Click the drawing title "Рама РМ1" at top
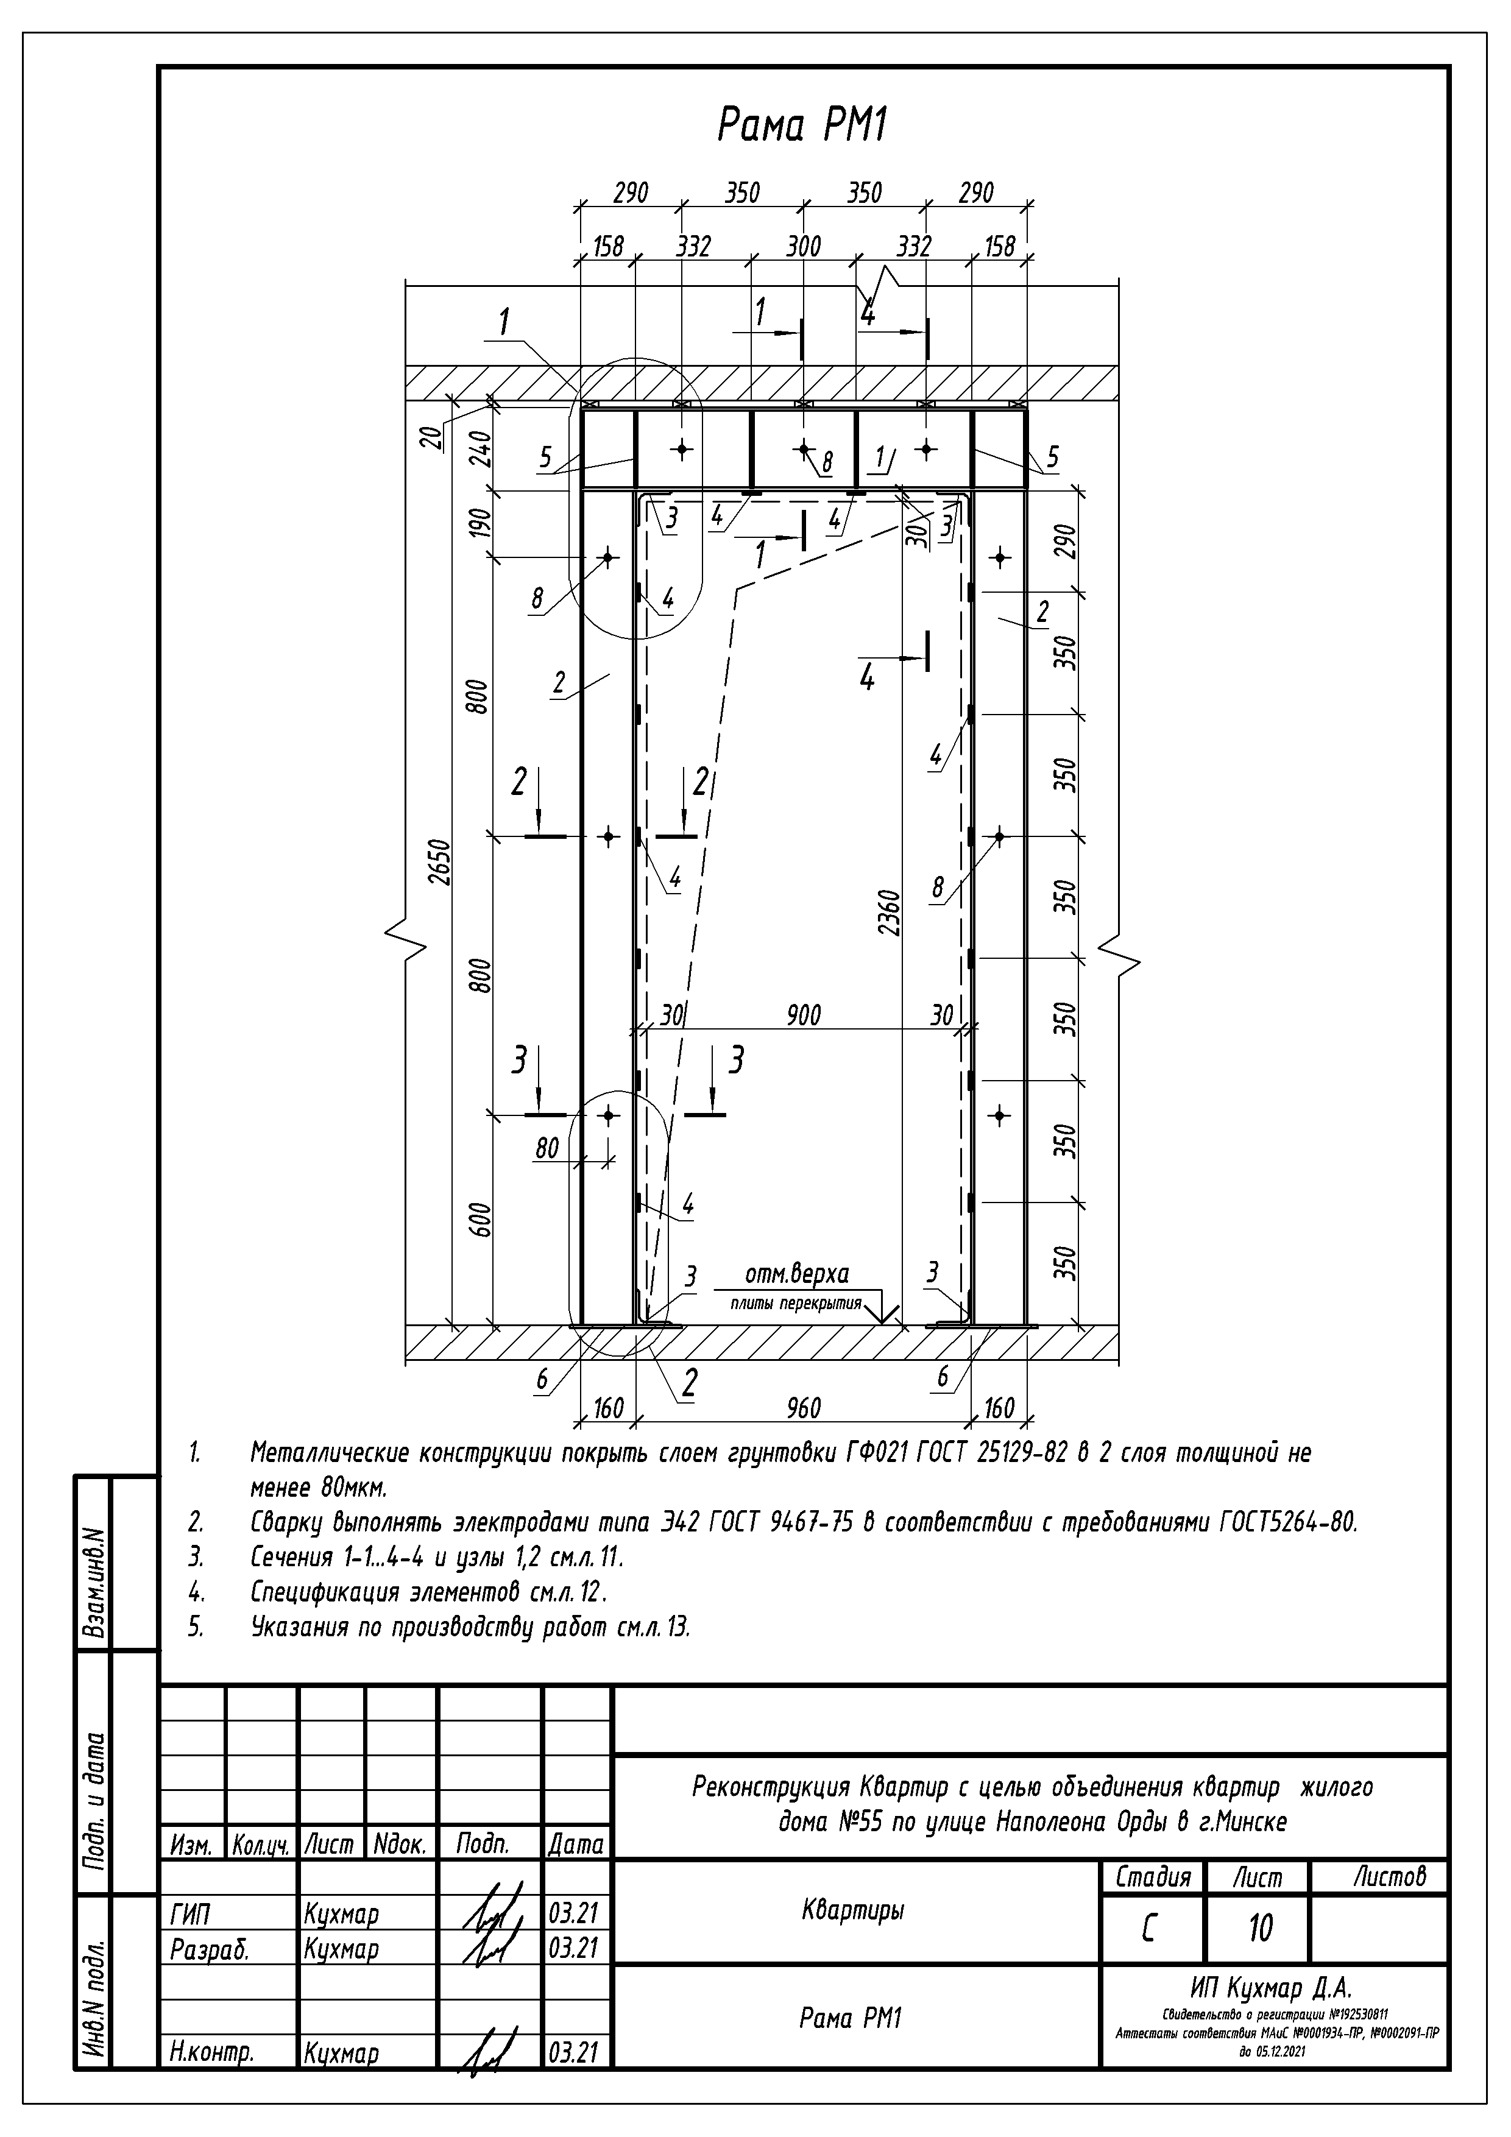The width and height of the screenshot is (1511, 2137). (802, 125)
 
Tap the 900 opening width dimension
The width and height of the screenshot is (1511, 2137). (802, 1016)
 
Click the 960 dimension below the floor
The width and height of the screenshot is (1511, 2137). (802, 1408)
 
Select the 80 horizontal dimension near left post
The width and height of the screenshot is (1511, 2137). (547, 1148)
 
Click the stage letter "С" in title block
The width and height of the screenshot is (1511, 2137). (1149, 1929)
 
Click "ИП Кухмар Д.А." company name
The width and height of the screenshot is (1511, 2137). (1270, 1988)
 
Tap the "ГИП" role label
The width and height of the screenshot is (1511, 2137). (190, 1915)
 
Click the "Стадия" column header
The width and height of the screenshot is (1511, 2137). (1153, 1876)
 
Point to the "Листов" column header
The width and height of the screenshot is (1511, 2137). (1389, 1876)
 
